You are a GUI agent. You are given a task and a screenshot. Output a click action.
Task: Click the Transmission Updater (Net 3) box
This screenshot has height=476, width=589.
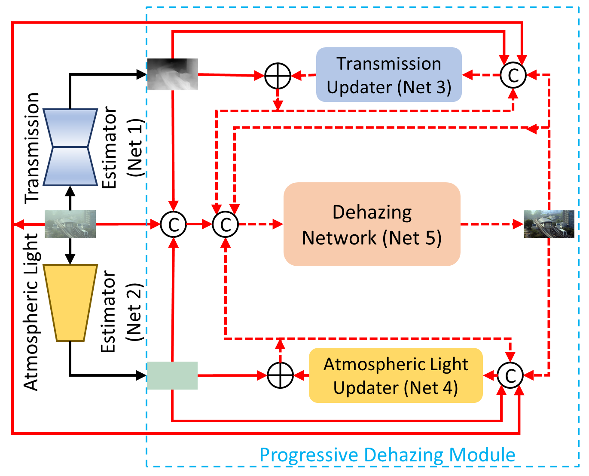(x=389, y=75)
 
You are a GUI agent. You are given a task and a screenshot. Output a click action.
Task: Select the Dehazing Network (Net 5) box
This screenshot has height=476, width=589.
(x=372, y=224)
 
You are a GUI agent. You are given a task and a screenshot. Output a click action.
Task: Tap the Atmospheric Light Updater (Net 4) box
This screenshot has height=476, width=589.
(x=396, y=375)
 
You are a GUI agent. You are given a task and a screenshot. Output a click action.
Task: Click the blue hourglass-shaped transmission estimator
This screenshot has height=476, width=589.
(x=70, y=147)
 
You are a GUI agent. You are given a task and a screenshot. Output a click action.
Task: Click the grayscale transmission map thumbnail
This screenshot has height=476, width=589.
(x=172, y=74)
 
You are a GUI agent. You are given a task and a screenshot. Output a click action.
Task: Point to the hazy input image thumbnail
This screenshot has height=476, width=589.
(x=70, y=224)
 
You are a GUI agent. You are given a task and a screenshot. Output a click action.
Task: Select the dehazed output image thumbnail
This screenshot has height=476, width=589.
(x=549, y=224)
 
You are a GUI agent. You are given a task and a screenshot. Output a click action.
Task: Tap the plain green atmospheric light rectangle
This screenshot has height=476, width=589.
(x=172, y=375)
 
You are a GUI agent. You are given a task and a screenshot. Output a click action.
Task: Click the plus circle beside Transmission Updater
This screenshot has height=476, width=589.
(x=278, y=76)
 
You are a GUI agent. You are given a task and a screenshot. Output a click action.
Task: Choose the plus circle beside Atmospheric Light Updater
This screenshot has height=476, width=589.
(x=280, y=375)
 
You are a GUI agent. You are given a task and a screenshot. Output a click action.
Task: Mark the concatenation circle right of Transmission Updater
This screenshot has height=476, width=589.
(x=513, y=75)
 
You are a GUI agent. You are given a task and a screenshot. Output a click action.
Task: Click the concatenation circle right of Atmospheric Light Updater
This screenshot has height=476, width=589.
(x=510, y=375)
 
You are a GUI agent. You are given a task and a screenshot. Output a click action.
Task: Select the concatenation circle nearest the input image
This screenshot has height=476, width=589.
(x=173, y=224)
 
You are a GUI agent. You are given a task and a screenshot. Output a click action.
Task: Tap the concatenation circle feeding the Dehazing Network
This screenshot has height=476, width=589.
(x=226, y=224)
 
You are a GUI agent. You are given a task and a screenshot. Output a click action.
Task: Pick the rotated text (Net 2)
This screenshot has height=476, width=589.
(x=134, y=312)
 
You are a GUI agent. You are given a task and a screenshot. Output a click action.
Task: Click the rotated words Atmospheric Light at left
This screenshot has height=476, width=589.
(x=31, y=312)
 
